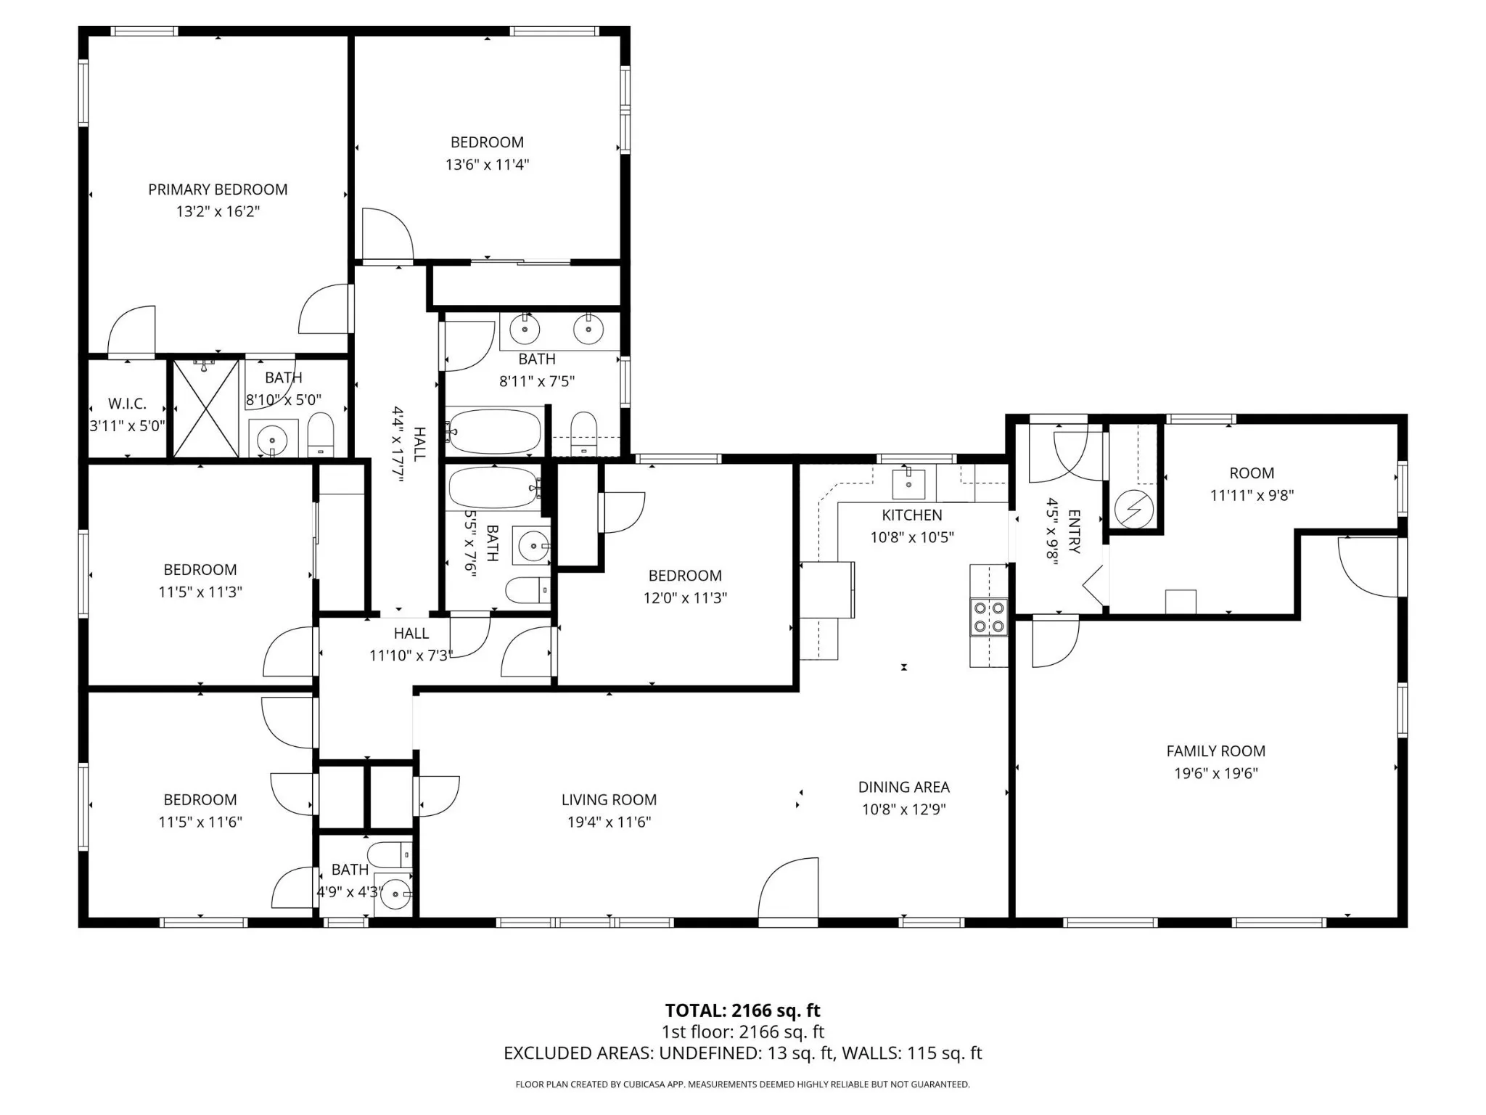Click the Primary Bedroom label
click(218, 189)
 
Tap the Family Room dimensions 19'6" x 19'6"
click(1215, 773)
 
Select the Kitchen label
click(912, 515)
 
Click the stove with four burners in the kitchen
click(989, 617)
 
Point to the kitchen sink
click(908, 483)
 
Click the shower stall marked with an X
click(206, 409)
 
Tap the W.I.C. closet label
click(127, 404)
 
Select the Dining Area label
click(903, 787)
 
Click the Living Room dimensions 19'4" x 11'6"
click(609, 822)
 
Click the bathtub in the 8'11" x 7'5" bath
click(495, 431)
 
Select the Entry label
click(1075, 531)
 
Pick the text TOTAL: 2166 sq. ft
click(742, 1010)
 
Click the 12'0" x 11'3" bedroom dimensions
click(685, 597)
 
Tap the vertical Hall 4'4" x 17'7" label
click(410, 444)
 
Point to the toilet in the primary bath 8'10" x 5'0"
click(320, 435)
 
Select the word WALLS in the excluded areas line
click(869, 1053)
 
